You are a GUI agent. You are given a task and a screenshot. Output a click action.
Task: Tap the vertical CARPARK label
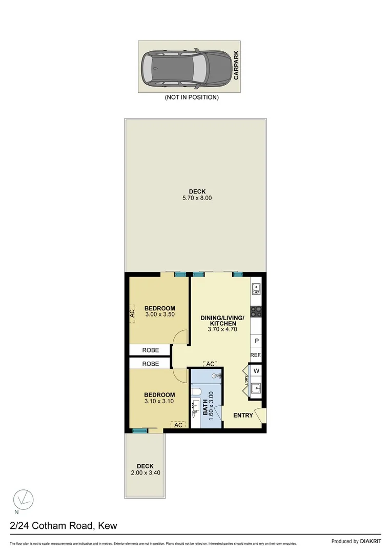click(x=236, y=68)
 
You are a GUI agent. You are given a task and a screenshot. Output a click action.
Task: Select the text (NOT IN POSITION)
click(x=191, y=97)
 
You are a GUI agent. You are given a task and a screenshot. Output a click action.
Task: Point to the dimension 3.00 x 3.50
click(x=160, y=314)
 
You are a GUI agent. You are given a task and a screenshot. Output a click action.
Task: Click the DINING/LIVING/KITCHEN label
click(x=222, y=321)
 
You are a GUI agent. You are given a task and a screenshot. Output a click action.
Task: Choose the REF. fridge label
click(x=256, y=355)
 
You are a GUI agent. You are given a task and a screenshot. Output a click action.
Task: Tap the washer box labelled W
click(x=256, y=371)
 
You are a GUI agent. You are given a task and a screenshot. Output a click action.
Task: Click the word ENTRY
click(x=243, y=415)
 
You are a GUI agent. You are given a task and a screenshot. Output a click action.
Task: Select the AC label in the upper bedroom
click(x=132, y=312)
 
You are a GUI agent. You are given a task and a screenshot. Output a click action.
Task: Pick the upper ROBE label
click(x=150, y=350)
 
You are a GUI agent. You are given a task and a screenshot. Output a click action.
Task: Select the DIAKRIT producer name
click(x=371, y=541)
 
